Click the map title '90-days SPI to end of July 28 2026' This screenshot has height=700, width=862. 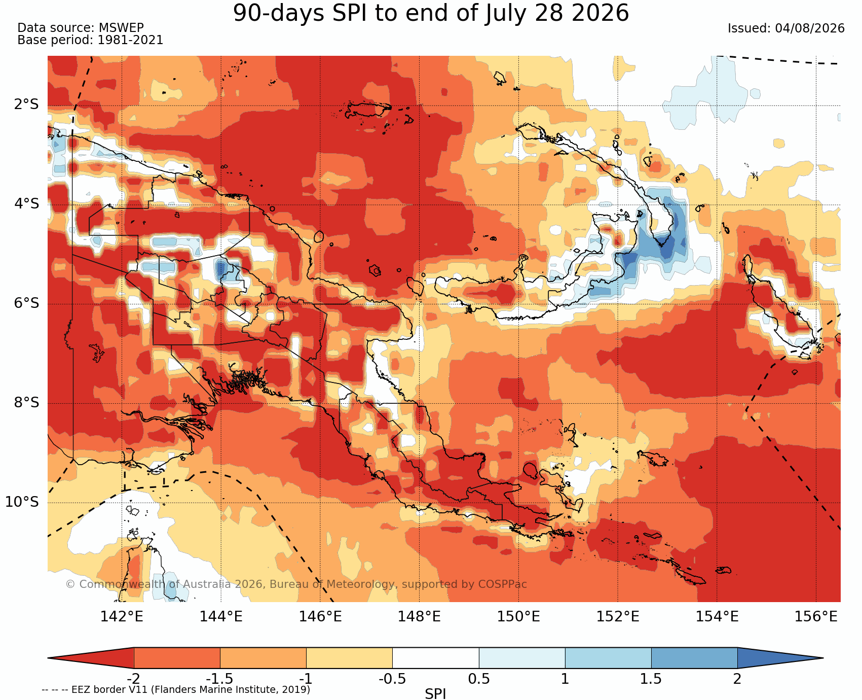pos(431,13)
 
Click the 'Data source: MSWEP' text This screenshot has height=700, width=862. pos(81,28)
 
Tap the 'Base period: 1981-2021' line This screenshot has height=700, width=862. pos(90,40)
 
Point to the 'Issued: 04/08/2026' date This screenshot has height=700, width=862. pos(786,28)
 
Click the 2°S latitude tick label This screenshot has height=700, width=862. pos(26,105)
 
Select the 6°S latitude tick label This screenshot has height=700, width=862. pos(26,303)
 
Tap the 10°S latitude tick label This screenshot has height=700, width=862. pos(22,502)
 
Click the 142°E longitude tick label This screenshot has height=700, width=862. pos(122,617)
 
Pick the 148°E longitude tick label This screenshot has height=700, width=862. pos(419,617)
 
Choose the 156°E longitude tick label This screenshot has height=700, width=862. pos(816,617)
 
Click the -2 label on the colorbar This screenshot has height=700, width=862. pos(133,679)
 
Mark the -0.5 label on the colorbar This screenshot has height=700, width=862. pos(392,679)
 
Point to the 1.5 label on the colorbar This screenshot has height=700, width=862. pos(651,679)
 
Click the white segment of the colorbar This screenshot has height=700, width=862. pos(436,658)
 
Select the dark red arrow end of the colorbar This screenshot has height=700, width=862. pos(91,658)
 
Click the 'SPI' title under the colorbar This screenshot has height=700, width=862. pos(435,693)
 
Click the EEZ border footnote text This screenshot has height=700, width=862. pos(176,690)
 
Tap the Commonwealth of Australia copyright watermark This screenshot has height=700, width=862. pos(296,584)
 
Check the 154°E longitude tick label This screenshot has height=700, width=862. pos(717,617)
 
